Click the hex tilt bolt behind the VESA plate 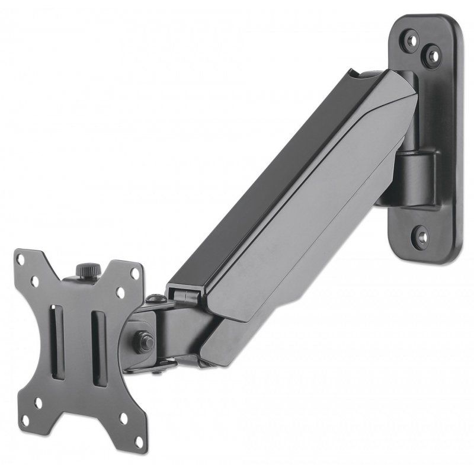[x=144, y=341]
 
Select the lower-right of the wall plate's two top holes [x=434, y=58]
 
